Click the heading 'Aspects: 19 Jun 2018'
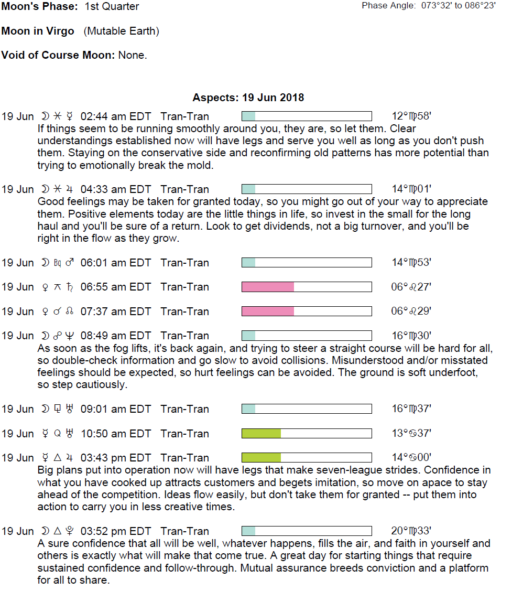[248, 98]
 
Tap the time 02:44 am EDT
[115, 116]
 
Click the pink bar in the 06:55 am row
[268, 287]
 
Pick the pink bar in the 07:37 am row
[268, 311]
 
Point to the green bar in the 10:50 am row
[261, 434]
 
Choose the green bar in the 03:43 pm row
[261, 458]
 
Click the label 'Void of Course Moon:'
[58, 56]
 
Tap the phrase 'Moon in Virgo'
[38, 31]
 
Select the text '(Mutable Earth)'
[121, 31]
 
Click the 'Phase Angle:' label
[388, 6]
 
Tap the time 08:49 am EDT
[115, 336]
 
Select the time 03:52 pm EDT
[115, 531]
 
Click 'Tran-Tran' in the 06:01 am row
[184, 263]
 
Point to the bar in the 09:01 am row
[307, 409]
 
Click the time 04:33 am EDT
[115, 189]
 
